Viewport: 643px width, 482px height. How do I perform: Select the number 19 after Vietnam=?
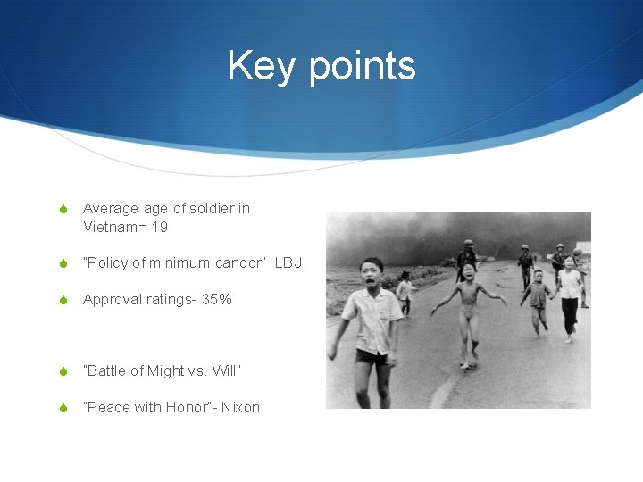point(159,227)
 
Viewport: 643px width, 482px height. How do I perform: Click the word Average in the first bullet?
point(111,208)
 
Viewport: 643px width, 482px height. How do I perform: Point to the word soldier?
point(211,208)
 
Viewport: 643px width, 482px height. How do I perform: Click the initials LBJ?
point(288,262)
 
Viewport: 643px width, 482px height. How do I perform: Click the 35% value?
point(216,299)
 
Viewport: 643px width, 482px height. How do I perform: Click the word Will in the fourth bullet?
point(225,370)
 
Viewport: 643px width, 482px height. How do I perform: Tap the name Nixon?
point(240,407)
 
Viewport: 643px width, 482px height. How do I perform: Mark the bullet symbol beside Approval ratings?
point(63,299)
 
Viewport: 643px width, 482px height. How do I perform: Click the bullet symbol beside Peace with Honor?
point(63,407)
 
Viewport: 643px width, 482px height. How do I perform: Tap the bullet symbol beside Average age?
point(63,208)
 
